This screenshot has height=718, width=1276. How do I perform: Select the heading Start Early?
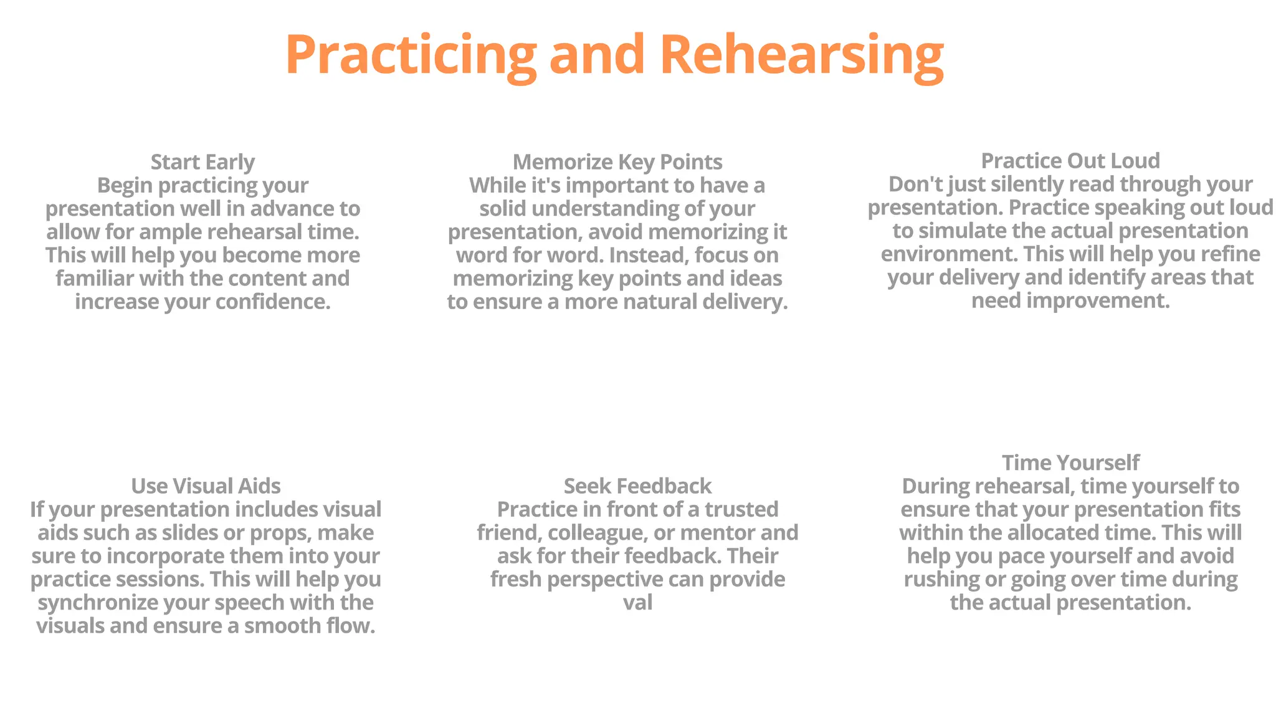click(x=202, y=162)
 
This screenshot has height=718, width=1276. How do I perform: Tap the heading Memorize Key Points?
click(x=617, y=162)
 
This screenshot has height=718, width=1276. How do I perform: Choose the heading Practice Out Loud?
click(x=1070, y=161)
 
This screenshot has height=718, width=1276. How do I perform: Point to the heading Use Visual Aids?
click(x=206, y=486)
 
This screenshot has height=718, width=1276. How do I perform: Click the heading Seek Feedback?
click(x=637, y=486)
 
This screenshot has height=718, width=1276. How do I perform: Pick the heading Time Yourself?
click(x=1070, y=463)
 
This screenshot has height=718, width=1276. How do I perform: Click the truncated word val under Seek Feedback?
click(x=637, y=603)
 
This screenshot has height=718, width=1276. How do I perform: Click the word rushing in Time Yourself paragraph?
click(x=941, y=580)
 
